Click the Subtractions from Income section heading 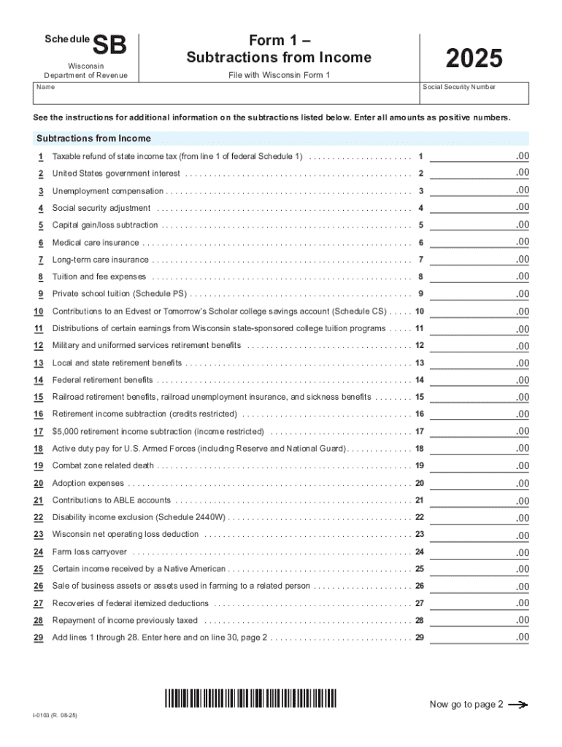click(x=94, y=139)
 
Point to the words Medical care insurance click(x=96, y=243)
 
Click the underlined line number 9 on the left click(x=41, y=294)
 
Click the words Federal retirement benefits click(x=103, y=380)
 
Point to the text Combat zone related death click(x=103, y=466)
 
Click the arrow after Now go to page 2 click(x=517, y=705)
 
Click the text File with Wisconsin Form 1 click(x=278, y=76)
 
